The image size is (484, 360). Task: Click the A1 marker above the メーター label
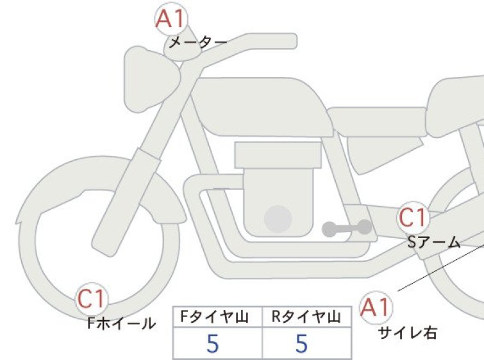[171, 19]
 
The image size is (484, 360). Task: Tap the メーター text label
[198, 42]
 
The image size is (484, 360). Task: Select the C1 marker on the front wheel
[92, 299]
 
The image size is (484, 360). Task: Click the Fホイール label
[121, 323]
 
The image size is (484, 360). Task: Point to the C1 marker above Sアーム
[413, 218]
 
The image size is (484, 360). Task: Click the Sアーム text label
[434, 243]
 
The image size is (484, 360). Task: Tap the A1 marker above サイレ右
[376, 307]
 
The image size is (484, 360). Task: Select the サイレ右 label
[408, 333]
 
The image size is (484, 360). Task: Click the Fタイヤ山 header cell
[217, 317]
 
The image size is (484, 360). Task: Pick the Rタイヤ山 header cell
[306, 317]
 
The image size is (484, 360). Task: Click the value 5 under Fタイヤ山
[213, 343]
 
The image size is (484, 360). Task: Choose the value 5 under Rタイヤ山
[302, 343]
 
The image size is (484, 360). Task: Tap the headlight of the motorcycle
[151, 79]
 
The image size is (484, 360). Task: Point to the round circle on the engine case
[278, 219]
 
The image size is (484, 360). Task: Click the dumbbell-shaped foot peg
[347, 228]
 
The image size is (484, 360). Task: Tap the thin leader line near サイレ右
[441, 268]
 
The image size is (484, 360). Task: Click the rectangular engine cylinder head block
[278, 155]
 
